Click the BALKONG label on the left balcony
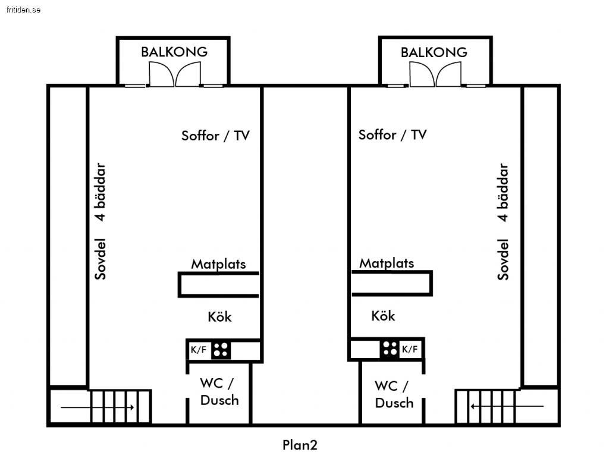click(174, 52)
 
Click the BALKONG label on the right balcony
click(434, 52)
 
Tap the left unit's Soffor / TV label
click(215, 136)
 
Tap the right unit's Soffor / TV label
click(393, 134)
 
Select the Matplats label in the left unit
click(218, 263)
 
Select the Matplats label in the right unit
click(387, 263)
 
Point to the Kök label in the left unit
click(219, 316)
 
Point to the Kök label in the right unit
click(383, 315)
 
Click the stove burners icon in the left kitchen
click(221, 350)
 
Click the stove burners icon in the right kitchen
click(390, 348)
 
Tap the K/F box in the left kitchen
click(199, 350)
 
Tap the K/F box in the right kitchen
click(410, 349)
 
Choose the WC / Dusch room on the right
click(394, 394)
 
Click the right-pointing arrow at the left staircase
click(98, 407)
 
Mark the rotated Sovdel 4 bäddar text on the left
click(101, 221)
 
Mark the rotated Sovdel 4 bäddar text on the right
click(503, 221)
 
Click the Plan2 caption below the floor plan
click(300, 445)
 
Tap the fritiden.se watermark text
click(24, 10)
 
